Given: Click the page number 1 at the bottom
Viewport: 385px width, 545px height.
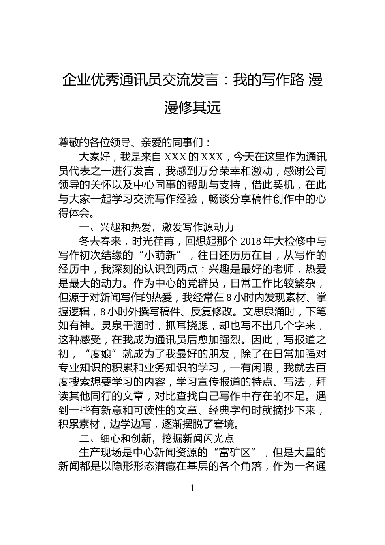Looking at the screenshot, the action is click(192, 488).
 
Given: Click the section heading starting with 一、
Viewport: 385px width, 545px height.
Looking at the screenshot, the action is click(156, 227).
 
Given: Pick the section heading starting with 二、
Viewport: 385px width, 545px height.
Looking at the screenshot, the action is click(156, 438).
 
